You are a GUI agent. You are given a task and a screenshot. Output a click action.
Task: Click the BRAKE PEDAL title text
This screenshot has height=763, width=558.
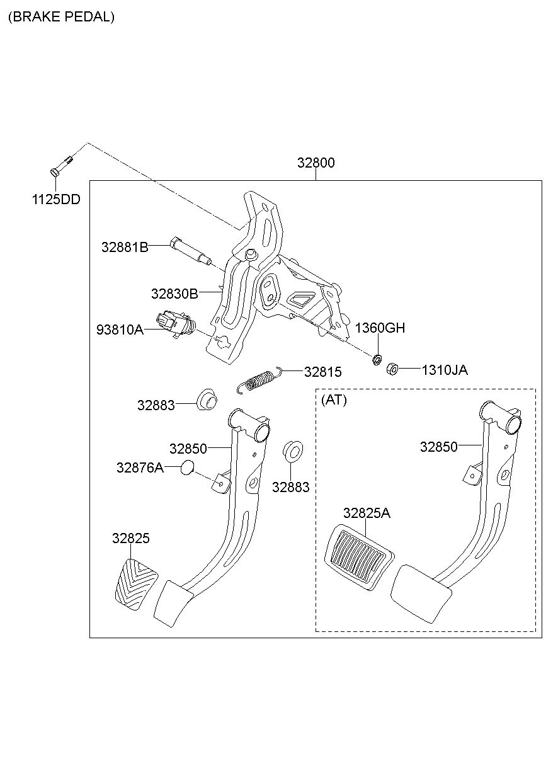[61, 16]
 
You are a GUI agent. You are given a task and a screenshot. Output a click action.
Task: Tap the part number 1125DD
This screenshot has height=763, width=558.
[56, 199]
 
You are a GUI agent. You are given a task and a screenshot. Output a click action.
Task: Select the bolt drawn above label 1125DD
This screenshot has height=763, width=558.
[62, 166]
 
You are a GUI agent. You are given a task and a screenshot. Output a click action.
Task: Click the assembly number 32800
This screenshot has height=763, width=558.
[316, 163]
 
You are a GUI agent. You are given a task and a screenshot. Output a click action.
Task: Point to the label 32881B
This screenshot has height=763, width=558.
[125, 247]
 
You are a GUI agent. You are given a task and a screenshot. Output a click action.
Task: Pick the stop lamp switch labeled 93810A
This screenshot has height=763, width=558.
[176, 324]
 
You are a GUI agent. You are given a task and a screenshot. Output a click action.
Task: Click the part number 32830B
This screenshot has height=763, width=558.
[174, 293]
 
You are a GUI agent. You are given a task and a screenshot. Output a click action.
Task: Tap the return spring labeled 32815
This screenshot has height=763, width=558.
[260, 380]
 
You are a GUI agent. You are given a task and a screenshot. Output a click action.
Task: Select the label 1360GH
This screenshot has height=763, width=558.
[380, 328]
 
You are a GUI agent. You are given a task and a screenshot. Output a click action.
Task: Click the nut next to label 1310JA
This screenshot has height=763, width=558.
[392, 369]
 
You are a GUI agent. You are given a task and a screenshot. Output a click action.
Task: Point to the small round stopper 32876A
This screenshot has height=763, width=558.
[187, 468]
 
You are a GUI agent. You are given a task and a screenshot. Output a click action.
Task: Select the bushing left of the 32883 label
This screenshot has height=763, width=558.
[207, 399]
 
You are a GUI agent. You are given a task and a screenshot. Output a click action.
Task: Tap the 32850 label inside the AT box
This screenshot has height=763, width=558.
[439, 447]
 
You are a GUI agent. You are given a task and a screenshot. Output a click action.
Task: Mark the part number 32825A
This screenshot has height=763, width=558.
[367, 513]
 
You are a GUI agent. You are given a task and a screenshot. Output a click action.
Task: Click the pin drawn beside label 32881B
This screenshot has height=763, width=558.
[191, 251]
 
